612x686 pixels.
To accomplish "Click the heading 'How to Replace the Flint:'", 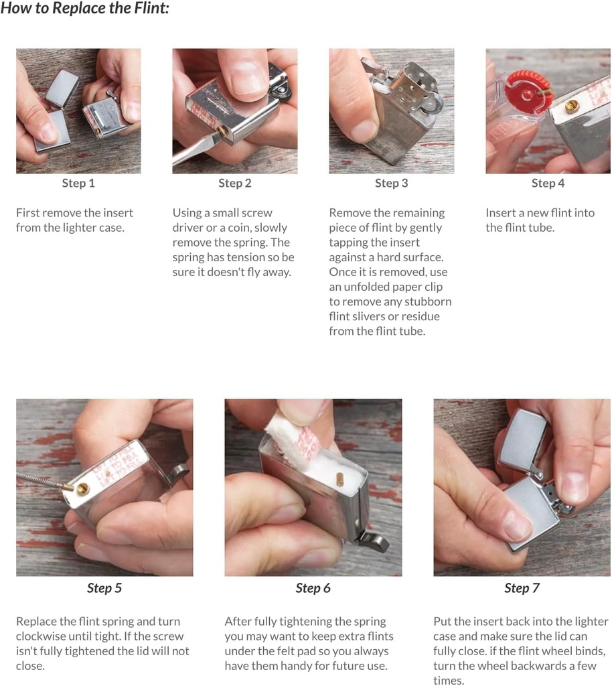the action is coord(85,8).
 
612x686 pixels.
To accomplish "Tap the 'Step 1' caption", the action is coord(78,183).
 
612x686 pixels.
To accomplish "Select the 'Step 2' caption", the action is coord(235,183).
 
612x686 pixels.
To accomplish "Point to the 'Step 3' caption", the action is coord(391,183).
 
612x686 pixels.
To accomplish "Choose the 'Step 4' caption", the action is coord(548,183).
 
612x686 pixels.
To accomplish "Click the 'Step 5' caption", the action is coord(104,588).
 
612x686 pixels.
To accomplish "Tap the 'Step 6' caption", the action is coord(313,588).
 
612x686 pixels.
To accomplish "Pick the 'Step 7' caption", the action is coord(522,588).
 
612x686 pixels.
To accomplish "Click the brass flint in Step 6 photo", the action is coord(339,479).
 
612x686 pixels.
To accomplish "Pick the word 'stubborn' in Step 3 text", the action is coord(428,301).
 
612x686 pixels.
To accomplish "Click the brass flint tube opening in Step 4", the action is coord(571,106).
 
